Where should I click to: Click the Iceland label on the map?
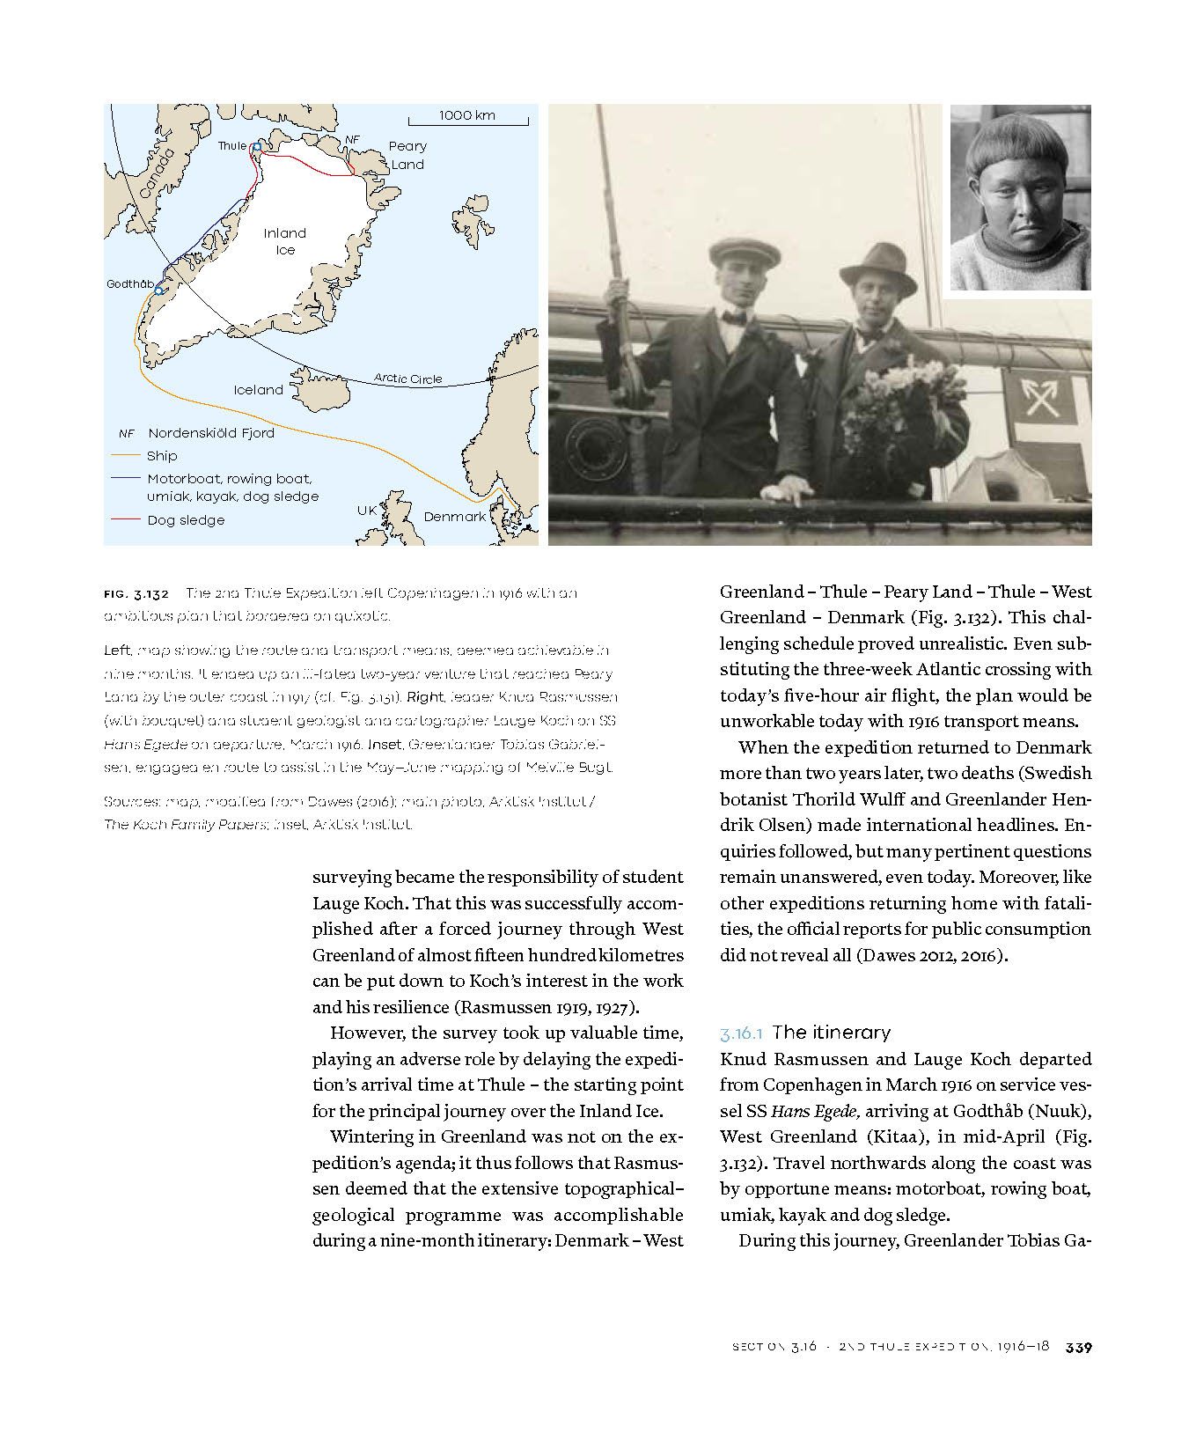coord(258,390)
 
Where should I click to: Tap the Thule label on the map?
coord(232,146)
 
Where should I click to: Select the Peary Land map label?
coord(407,155)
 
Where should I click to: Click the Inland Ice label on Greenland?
coord(285,241)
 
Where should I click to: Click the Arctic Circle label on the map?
coord(407,379)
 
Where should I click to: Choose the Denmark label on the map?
coord(454,517)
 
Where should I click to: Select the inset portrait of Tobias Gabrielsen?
coord(1020,197)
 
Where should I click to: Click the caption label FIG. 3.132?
coord(136,593)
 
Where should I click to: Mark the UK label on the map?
coord(367,511)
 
